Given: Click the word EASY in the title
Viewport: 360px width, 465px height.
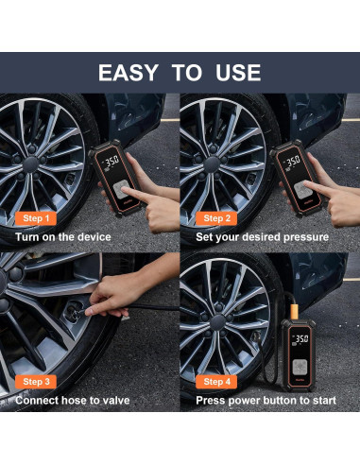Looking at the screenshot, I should [133, 72].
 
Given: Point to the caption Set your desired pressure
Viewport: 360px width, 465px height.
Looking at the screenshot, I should [263, 236].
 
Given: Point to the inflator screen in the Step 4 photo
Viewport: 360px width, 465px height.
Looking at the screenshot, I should [302, 338].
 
